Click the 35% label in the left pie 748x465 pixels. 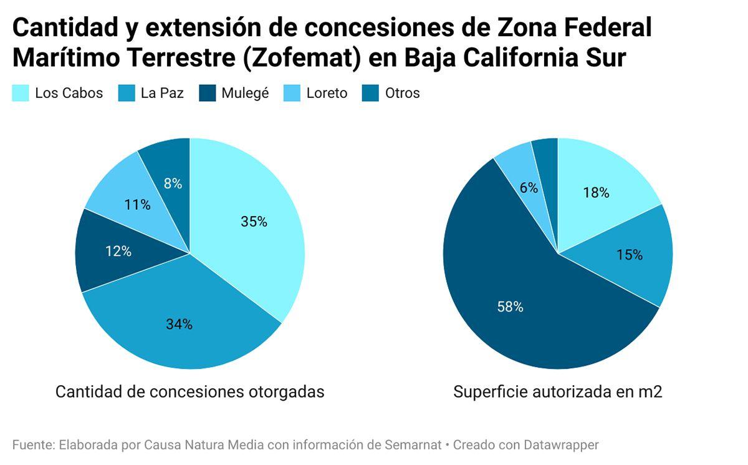coord(254,222)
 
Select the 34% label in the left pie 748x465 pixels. coord(179,324)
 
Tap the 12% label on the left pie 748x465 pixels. coord(118,252)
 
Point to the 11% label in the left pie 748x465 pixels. coord(137,204)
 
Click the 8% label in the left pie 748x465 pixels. coord(173,184)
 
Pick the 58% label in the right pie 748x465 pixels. coord(510,306)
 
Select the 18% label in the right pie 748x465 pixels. coord(596,193)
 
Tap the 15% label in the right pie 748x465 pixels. coord(629,255)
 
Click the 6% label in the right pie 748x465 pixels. coord(529,187)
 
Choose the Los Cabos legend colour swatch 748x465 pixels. coord(21,94)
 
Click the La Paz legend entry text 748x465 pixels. coord(162,94)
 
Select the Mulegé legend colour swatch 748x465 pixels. coord(208,94)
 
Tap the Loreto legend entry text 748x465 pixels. coord(327,94)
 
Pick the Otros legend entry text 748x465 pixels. coord(402,94)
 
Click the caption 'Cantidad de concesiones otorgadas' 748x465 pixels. coord(189,392)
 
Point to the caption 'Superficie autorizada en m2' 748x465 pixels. coord(557,392)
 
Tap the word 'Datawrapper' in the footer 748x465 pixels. coord(560,445)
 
